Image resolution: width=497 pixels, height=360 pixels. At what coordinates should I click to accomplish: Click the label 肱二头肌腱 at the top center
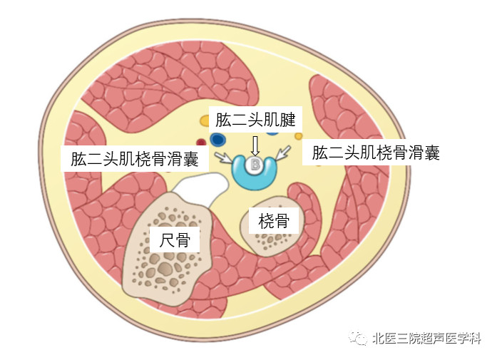255,119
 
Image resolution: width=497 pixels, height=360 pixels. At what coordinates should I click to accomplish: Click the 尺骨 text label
175,239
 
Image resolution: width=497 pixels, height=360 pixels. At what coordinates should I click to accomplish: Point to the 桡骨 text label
274,220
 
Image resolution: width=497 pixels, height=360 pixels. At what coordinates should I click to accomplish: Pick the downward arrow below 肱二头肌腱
255,144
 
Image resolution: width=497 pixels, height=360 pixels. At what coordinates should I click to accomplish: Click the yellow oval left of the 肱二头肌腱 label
205,120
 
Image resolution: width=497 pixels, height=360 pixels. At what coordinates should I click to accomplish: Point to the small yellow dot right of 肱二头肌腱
298,135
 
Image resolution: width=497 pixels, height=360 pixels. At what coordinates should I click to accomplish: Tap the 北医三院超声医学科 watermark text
427,338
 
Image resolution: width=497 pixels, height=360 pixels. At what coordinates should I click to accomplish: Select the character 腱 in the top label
286,119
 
